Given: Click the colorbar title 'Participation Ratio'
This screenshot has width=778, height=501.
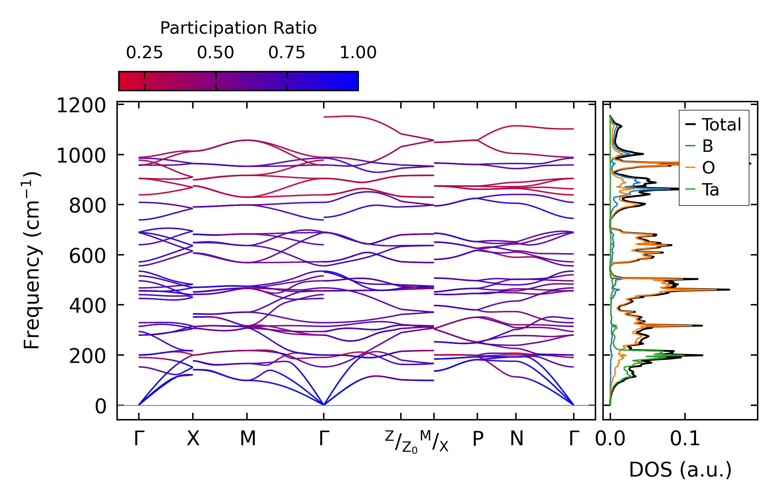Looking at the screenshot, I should tap(238, 28).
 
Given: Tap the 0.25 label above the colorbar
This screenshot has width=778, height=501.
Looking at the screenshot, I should tap(144, 53).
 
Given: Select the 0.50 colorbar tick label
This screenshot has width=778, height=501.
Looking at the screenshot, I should tap(216, 53).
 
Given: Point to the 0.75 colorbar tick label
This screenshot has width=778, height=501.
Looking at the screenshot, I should tap(287, 53).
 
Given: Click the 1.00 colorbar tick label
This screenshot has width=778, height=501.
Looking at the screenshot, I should tap(358, 53).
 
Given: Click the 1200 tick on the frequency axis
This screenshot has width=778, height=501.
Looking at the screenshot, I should tap(81, 106).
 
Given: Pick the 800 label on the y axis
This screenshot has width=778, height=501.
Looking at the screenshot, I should tap(87, 206).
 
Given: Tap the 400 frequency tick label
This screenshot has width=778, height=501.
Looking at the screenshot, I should tap(87, 306).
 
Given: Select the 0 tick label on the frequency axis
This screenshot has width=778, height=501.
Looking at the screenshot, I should tap(101, 406).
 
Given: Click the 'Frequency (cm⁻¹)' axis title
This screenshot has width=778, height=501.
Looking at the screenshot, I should tap(32, 260).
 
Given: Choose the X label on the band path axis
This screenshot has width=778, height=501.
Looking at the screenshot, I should tap(193, 439).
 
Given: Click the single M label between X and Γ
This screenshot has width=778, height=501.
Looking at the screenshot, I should tap(248, 439).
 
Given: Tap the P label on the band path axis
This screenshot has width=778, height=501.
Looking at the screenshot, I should tap(478, 439).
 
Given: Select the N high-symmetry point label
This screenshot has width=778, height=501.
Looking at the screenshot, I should tap(517, 439).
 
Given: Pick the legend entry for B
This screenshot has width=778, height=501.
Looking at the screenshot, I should tap(707, 146).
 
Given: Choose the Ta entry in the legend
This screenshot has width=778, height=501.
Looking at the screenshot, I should tap(710, 190).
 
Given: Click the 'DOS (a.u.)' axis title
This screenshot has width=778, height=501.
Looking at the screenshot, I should tap(680, 470).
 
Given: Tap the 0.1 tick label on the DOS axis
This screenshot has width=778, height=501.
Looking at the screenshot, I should tap(685, 439).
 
